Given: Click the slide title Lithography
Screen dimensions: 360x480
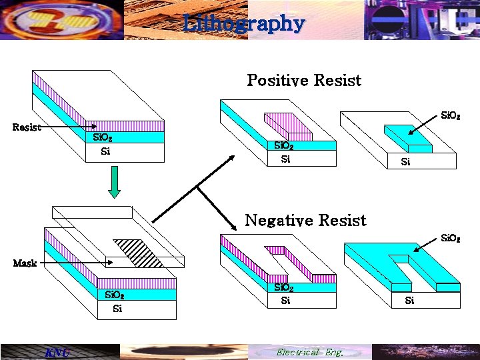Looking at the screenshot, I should (243, 24).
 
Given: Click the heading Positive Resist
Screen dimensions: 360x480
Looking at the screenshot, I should (304, 81).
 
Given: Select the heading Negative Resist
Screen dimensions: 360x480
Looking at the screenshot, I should (305, 220).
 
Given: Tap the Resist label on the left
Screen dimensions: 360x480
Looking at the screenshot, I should (27, 127).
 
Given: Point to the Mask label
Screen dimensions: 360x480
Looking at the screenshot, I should (25, 263).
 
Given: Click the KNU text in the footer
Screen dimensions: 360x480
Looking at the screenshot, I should (56, 352).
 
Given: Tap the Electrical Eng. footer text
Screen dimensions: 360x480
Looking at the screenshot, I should (309, 352).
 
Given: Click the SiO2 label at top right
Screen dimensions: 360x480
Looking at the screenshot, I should (451, 116).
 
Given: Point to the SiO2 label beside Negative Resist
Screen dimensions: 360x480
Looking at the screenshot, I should (451, 238).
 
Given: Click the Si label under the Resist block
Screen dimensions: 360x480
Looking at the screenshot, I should (105, 151).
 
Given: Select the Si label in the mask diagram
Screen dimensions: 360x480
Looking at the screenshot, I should (117, 309).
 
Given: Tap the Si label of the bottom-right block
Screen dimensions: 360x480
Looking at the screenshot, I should (409, 301).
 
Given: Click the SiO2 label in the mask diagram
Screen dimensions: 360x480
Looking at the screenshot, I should (114, 295).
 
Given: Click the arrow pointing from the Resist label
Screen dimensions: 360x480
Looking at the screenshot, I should (67, 127).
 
